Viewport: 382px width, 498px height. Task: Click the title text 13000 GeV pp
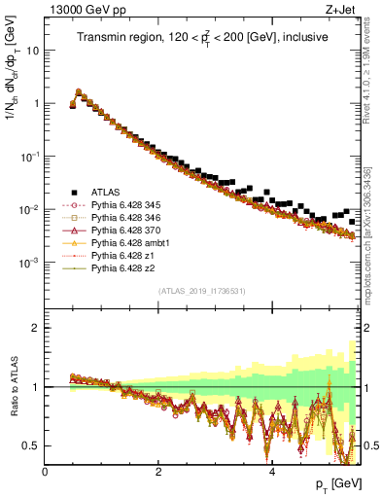point(81,11)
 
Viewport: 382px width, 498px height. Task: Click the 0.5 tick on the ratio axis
point(32,445)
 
